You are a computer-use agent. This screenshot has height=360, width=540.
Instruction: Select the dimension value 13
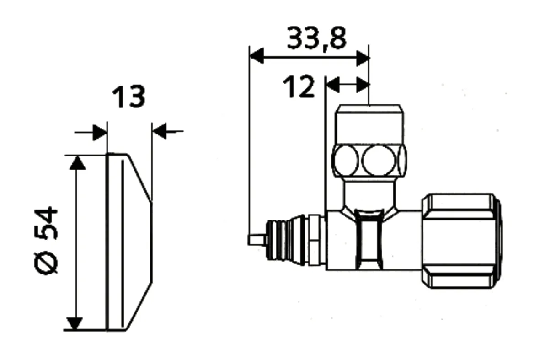[x=128, y=97]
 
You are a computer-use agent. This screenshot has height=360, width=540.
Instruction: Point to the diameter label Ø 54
[x=46, y=240]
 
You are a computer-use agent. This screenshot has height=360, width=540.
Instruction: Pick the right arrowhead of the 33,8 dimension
[x=362, y=58]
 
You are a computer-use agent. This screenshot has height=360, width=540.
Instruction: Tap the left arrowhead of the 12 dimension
[x=333, y=85]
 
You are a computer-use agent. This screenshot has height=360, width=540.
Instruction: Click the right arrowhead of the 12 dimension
[x=362, y=85]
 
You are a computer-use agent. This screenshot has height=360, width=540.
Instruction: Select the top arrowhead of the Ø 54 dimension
[x=77, y=162]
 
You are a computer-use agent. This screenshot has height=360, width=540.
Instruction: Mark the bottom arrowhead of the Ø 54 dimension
[x=75, y=323]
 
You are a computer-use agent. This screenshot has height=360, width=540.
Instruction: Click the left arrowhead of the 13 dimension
[x=100, y=132]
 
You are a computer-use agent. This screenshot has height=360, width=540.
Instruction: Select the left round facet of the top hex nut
[x=345, y=161]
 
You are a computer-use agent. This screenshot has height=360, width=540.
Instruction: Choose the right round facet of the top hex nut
[x=379, y=161]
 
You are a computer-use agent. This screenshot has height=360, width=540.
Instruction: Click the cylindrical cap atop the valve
[x=369, y=124]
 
